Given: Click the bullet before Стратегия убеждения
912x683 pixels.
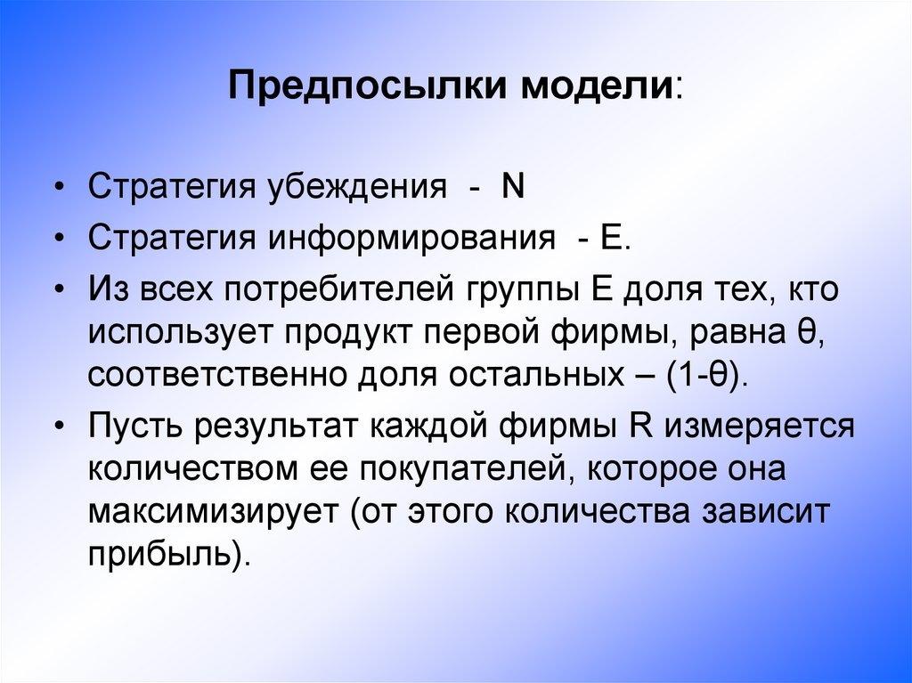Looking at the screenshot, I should point(59,190).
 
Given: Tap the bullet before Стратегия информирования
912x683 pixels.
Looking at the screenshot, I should point(59,240).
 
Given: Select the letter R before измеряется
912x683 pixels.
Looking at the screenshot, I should point(638,426).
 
